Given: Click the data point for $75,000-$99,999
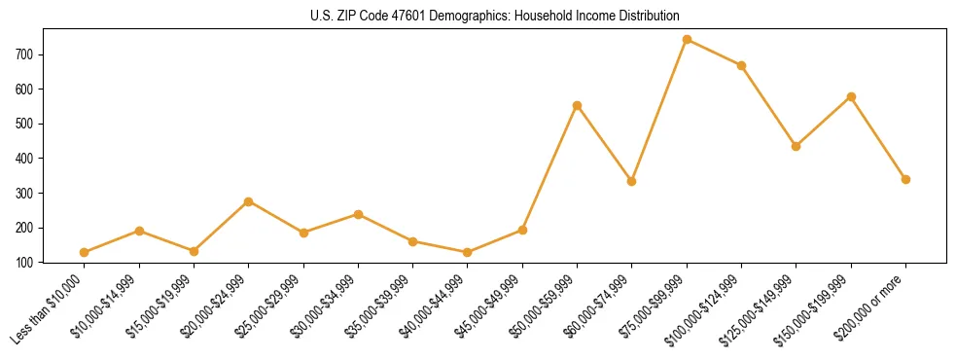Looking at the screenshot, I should coord(687,40).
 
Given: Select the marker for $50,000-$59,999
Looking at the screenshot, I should coord(577,105).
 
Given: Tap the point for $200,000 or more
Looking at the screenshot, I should coord(905,179).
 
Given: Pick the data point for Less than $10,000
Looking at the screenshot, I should coord(84,252).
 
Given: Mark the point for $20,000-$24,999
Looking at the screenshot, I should coord(248,201).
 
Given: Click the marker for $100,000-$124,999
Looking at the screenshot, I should coord(741,65).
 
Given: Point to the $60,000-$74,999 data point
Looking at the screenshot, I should coord(632,181).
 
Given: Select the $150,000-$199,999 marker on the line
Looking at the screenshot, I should coord(851,96).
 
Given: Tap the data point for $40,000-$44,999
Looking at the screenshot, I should coord(468,252).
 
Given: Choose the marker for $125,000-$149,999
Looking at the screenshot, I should coord(796,146).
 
